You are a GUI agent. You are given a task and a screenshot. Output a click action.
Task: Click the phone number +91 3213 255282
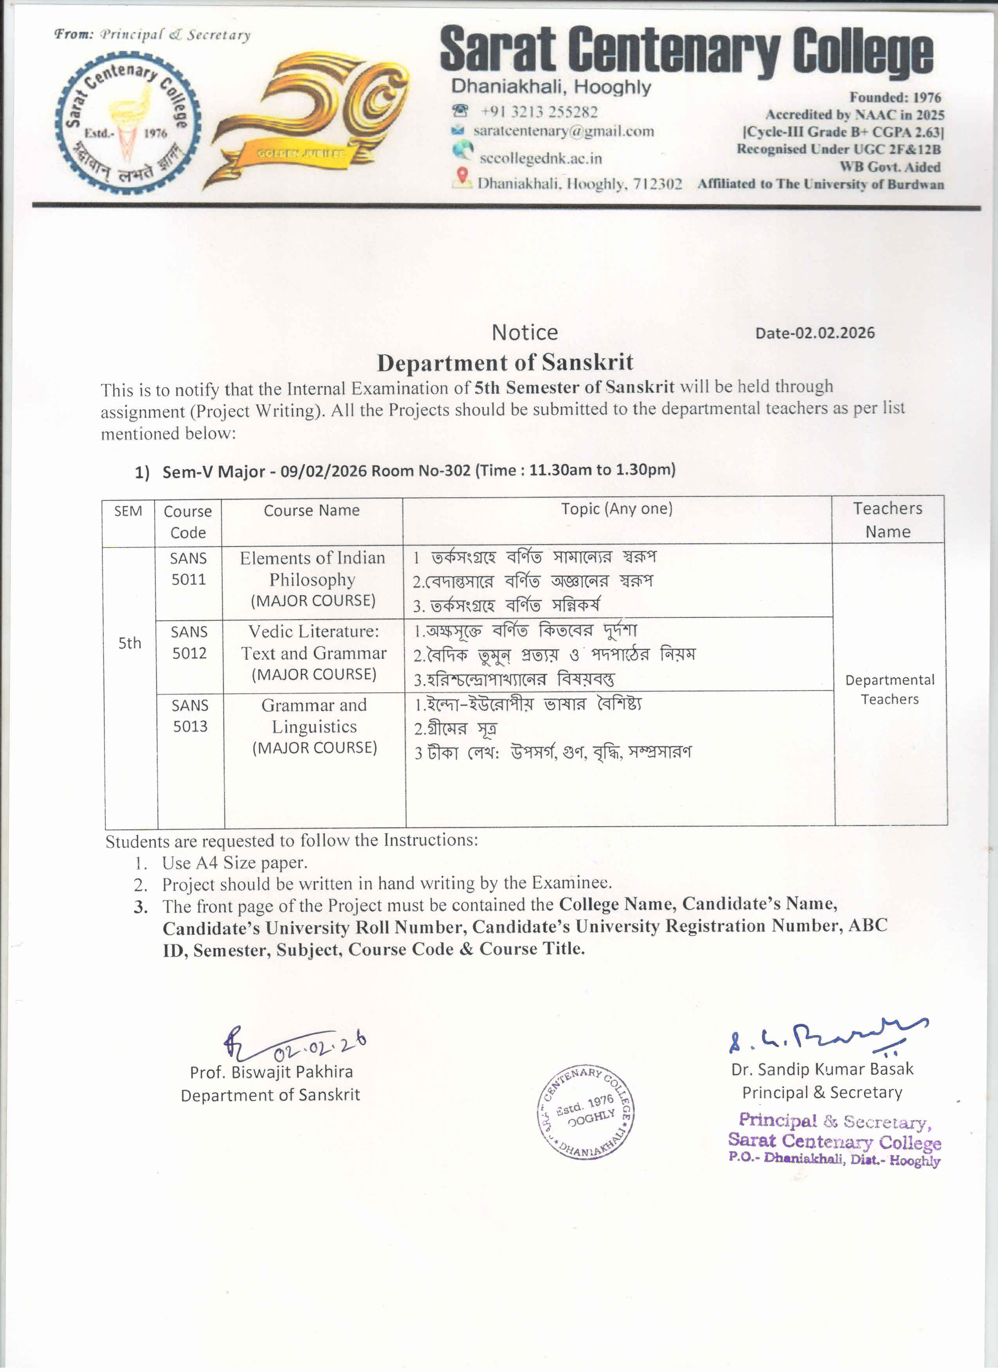coord(539,112)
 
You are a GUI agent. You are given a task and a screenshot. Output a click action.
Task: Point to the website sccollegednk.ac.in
coord(540,158)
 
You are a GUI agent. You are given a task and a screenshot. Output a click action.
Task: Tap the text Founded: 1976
coord(895,97)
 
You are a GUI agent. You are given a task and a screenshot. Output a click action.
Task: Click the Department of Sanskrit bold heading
coord(505,362)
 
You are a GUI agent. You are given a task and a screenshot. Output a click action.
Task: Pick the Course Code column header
coord(187,521)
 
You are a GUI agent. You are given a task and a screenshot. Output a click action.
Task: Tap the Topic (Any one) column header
coord(616,509)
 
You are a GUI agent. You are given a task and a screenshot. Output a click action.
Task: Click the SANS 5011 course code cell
coord(188,569)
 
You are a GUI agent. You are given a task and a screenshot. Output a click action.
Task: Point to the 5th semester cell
coord(130,643)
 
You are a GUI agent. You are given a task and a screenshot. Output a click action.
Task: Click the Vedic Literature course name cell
coord(313,653)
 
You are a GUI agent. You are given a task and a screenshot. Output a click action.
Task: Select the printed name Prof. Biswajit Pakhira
coord(271,1072)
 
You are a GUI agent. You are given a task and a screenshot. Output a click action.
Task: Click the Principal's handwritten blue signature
coord(826,1036)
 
